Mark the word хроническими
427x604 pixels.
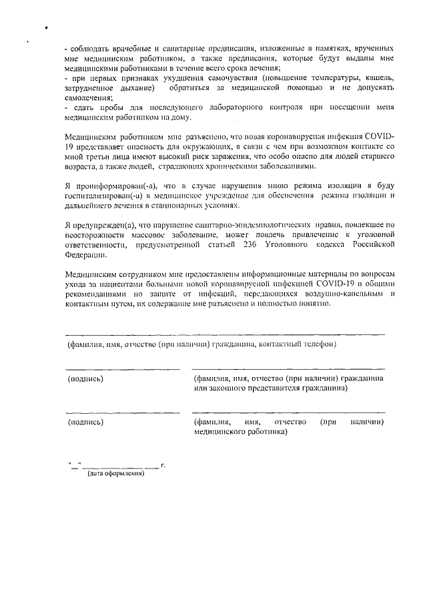coord(243,166)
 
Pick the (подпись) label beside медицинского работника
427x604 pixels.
coord(85,422)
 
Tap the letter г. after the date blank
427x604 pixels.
coord(163,463)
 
